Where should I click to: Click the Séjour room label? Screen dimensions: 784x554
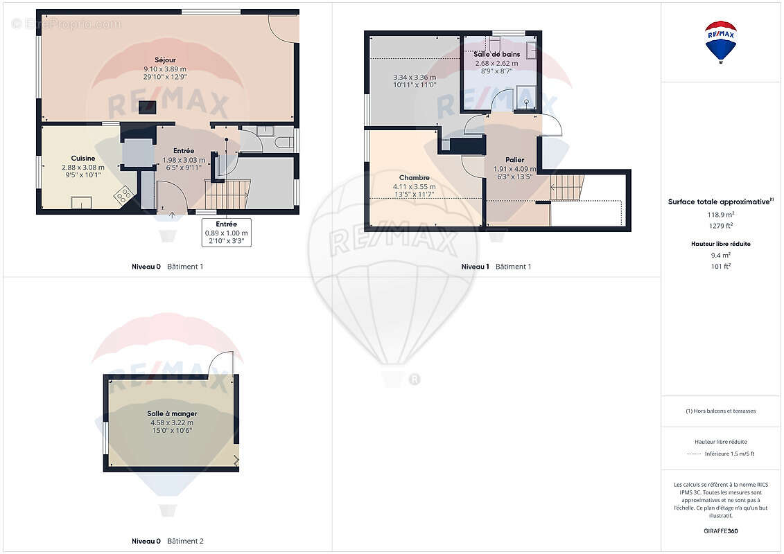(165, 60)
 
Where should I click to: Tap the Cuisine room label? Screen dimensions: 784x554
(83, 159)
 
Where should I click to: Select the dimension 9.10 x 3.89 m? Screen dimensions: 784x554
(165, 69)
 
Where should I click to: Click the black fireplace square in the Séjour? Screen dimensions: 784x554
(148, 107)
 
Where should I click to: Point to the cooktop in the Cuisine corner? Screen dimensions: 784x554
(123, 195)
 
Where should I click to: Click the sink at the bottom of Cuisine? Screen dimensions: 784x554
(81, 202)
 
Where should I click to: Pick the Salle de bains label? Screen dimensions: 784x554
(497, 54)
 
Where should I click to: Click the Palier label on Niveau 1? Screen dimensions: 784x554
(514, 160)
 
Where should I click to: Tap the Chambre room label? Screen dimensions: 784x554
(414, 178)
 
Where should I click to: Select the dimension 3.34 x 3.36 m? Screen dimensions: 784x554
(414, 77)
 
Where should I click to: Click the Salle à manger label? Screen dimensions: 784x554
(172, 413)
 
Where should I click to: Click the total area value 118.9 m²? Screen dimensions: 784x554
(720, 215)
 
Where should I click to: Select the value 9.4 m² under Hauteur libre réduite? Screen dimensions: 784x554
(720, 255)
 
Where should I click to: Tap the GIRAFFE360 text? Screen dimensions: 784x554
(720, 531)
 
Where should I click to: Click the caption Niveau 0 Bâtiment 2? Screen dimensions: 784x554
(168, 541)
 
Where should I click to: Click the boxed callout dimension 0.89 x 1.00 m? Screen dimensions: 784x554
(227, 233)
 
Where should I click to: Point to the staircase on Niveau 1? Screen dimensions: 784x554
(567, 188)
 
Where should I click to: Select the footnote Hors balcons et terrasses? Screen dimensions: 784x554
(720, 411)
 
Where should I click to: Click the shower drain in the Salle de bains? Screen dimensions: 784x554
(527, 102)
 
